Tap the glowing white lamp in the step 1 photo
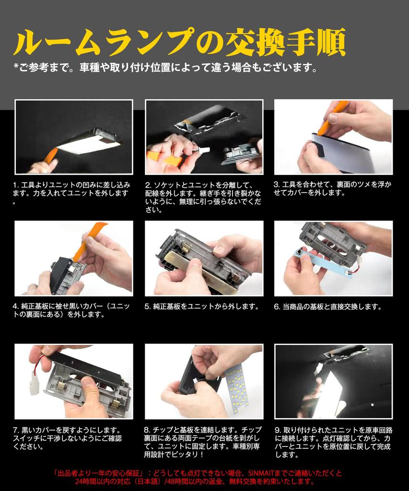point(89,144)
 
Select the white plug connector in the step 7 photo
point(35,382)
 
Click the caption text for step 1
point(71,193)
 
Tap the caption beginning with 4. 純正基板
point(71,310)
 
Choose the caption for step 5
point(202,306)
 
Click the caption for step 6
point(328,306)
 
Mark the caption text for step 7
point(67,438)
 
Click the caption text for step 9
point(333,442)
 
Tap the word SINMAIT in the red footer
point(261,473)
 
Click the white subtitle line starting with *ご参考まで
point(165,67)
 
